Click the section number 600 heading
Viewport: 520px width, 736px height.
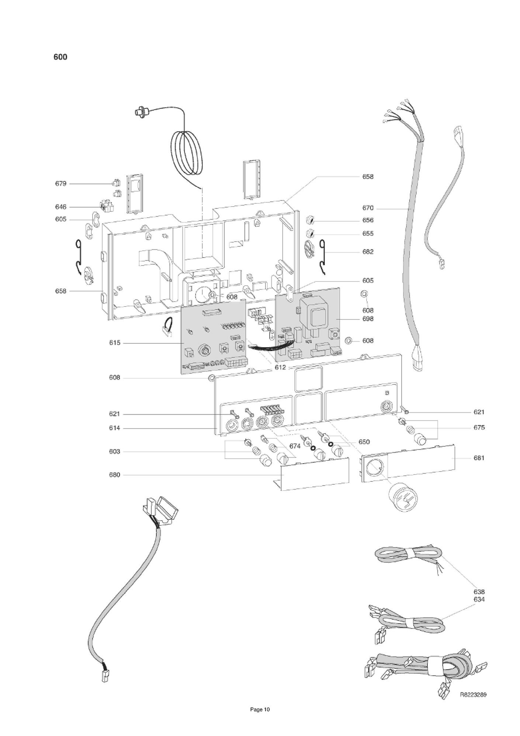pyautogui.click(x=60, y=57)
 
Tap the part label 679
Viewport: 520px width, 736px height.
pyautogui.click(x=61, y=184)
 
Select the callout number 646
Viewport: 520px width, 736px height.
pyautogui.click(x=61, y=207)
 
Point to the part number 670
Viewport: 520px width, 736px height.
pyautogui.click(x=368, y=208)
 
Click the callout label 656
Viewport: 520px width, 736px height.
pyautogui.click(x=368, y=220)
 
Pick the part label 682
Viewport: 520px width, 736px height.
pyautogui.click(x=368, y=252)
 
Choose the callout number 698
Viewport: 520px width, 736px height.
pyautogui.click(x=368, y=319)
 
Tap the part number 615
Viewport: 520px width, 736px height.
pyautogui.click(x=114, y=343)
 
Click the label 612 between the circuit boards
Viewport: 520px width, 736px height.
pyautogui.click(x=280, y=367)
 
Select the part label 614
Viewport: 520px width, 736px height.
pyautogui.click(x=114, y=428)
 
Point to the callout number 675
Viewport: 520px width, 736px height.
pyautogui.click(x=479, y=428)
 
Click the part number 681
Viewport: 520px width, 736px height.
pyautogui.click(x=479, y=458)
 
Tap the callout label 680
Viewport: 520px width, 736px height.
pyautogui.click(x=114, y=475)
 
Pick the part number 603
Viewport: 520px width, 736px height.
pyautogui.click(x=114, y=452)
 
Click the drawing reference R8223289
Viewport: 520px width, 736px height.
pyautogui.click(x=473, y=695)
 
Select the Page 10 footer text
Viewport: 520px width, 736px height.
pyautogui.click(x=260, y=709)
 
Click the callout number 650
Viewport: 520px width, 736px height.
pyautogui.click(x=364, y=442)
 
